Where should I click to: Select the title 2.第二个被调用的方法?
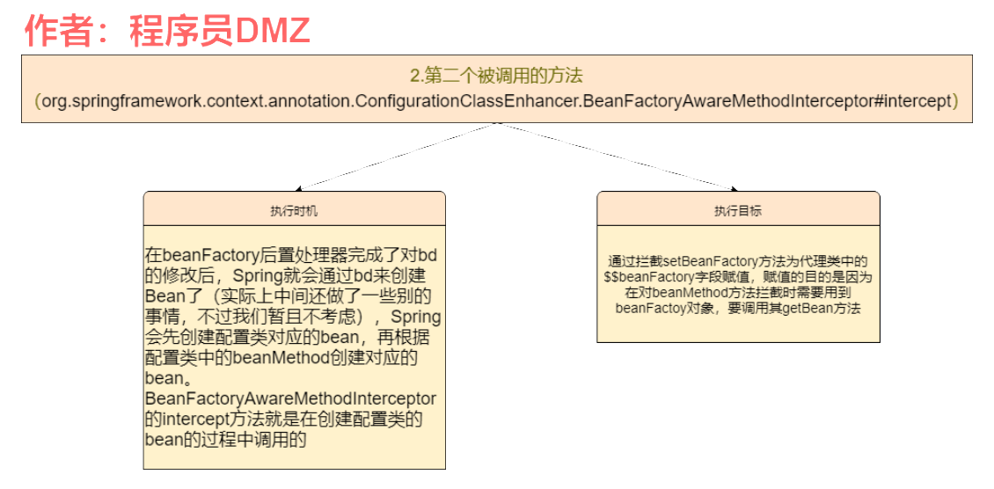click(x=496, y=76)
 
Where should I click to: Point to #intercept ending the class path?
click(x=916, y=101)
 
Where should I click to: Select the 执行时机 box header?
click(x=294, y=212)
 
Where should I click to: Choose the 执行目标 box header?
click(x=738, y=211)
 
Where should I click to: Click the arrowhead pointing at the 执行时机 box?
click(x=299, y=188)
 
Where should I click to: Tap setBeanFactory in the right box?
click(x=703, y=261)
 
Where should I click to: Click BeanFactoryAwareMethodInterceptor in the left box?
click(x=290, y=399)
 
